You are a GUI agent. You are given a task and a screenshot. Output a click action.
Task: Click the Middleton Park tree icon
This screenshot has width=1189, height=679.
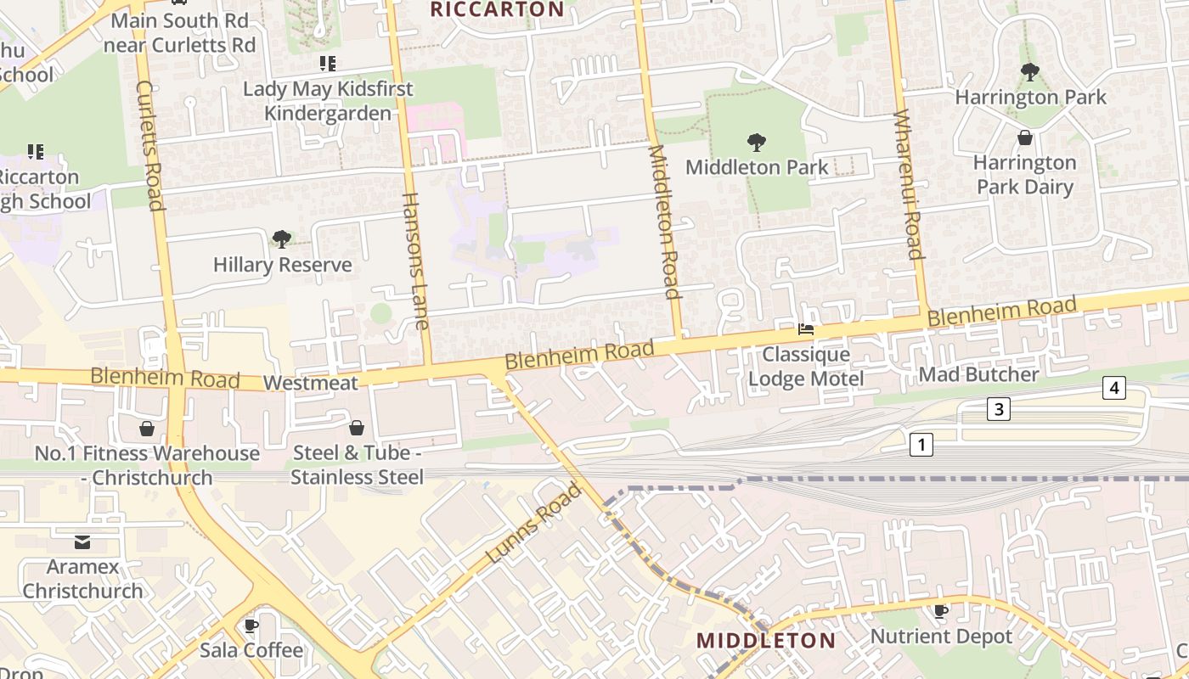pyautogui.click(x=756, y=142)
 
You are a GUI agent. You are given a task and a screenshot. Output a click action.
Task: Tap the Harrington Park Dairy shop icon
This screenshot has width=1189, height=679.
pyautogui.click(x=1025, y=137)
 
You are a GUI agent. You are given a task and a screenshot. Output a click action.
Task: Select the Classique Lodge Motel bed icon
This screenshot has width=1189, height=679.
pyautogui.click(x=806, y=329)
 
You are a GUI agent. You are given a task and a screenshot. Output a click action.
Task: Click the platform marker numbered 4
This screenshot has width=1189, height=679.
pyautogui.click(x=1114, y=389)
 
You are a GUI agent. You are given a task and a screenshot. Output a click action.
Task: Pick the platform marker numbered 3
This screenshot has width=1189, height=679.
pyautogui.click(x=999, y=409)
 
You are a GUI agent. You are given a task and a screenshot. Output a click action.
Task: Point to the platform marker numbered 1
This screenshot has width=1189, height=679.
pyautogui.click(x=921, y=444)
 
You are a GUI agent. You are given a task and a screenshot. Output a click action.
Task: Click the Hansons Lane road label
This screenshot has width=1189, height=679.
pyautogui.click(x=414, y=261)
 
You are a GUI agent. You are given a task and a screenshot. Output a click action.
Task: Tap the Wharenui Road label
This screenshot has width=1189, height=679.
pyautogui.click(x=908, y=184)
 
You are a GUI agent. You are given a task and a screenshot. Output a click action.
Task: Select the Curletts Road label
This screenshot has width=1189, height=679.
pyautogui.click(x=149, y=145)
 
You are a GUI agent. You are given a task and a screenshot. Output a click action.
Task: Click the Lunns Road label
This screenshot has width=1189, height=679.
pyautogui.click(x=534, y=523)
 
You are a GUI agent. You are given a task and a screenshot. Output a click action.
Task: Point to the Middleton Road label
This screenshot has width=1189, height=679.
pyautogui.click(x=665, y=222)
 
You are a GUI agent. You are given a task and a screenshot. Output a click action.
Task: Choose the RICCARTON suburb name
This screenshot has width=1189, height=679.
pyautogui.click(x=497, y=10)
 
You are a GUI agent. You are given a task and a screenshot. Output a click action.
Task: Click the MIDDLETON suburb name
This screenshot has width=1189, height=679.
pyautogui.click(x=766, y=640)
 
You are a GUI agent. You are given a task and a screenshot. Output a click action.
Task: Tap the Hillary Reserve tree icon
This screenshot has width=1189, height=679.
pyautogui.click(x=282, y=239)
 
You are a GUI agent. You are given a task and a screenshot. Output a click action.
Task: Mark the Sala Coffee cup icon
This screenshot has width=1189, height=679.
pyautogui.click(x=251, y=626)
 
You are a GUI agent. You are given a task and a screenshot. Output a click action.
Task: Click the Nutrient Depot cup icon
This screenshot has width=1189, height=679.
pyautogui.click(x=941, y=611)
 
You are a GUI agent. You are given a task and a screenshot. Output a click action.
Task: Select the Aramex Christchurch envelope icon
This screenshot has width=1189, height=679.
pyautogui.click(x=82, y=542)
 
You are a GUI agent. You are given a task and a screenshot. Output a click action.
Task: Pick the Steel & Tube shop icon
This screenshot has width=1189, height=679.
pyautogui.click(x=357, y=427)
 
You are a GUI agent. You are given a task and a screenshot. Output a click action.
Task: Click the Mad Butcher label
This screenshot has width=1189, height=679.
pyautogui.click(x=978, y=374)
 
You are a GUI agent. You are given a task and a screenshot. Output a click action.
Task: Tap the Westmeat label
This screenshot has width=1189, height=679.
pyautogui.click(x=311, y=383)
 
